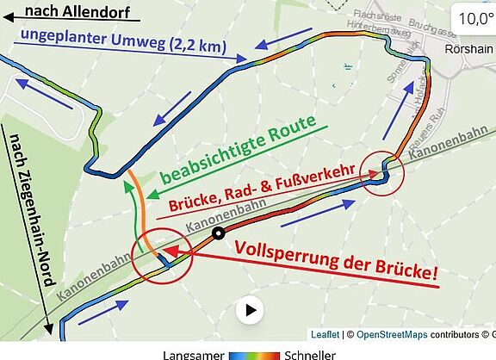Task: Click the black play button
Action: (251, 310)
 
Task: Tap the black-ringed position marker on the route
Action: (219, 233)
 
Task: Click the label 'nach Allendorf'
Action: (71, 11)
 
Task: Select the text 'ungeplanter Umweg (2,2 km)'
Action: (118, 42)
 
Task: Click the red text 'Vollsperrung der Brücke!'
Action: (336, 259)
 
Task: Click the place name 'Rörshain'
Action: (468, 49)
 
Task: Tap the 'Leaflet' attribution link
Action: (325, 334)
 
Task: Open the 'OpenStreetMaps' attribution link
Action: (393, 334)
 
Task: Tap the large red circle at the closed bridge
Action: (158, 255)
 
